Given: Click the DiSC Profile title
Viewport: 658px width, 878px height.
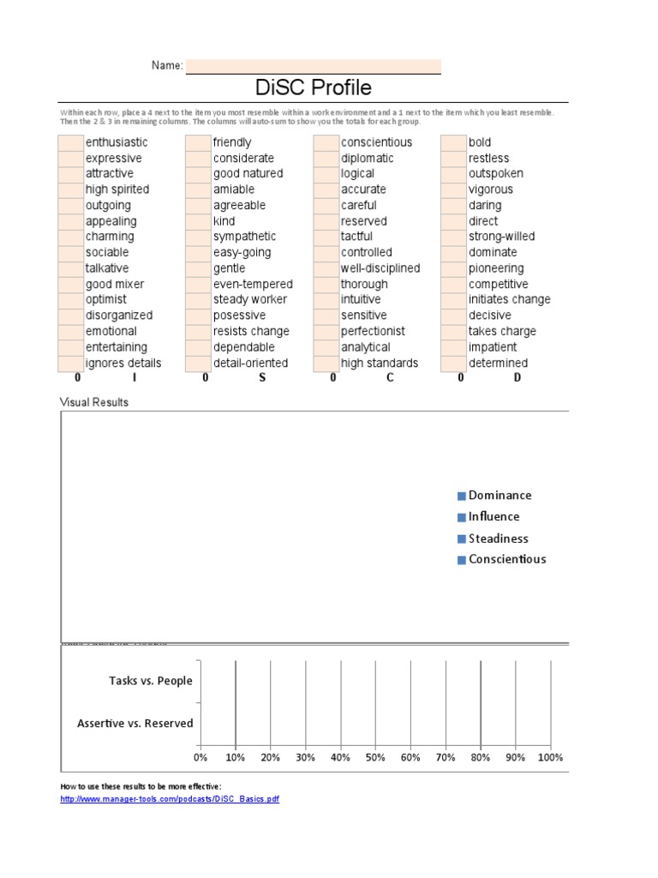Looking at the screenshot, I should [x=314, y=87].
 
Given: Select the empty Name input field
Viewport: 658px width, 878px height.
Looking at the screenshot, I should [x=313, y=66].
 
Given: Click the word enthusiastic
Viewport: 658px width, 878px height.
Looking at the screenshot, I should [x=117, y=142].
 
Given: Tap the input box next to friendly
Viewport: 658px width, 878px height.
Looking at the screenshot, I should [x=198, y=142].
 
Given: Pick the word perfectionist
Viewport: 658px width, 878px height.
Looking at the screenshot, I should [x=373, y=331].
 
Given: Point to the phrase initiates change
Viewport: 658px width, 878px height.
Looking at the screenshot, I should [x=509, y=299].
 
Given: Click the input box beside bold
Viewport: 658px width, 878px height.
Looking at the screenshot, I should [x=453, y=142].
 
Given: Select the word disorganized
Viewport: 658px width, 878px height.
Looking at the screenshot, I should [x=119, y=316].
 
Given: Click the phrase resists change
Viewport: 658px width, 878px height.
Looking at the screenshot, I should [x=251, y=331].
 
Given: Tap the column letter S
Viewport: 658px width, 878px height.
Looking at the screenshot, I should [x=262, y=377].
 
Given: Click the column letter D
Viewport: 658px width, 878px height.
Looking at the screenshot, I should [x=517, y=377].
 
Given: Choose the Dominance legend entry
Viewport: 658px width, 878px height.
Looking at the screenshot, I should [x=499, y=496].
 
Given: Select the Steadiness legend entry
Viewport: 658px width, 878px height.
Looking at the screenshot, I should [x=498, y=538].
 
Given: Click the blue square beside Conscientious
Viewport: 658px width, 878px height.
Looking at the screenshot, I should [x=462, y=560].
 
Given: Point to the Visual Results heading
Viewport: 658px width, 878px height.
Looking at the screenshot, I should [x=94, y=401].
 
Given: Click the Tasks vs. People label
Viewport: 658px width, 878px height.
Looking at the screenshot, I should [x=151, y=681].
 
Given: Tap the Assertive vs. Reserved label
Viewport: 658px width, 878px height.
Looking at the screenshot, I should [x=135, y=724].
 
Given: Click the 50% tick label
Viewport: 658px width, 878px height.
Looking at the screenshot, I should [x=375, y=757].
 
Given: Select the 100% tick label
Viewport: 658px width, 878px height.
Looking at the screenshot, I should [x=549, y=757].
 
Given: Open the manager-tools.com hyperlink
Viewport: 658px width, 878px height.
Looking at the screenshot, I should [x=170, y=799].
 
